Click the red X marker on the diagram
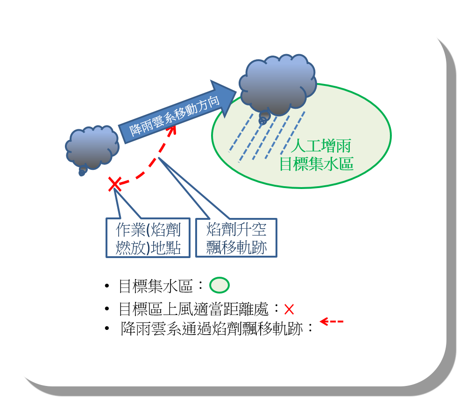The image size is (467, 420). [114, 184]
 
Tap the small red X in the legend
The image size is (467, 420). [289, 309]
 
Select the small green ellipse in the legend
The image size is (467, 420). [219, 285]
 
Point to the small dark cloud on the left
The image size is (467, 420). [92, 147]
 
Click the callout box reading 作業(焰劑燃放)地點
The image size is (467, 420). [148, 238]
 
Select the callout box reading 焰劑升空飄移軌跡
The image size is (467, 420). [236, 238]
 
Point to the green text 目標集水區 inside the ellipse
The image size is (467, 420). [316, 164]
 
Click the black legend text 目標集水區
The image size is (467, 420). [156, 286]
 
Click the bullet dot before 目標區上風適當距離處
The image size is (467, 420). [108, 309]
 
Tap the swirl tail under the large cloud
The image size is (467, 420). [263, 119]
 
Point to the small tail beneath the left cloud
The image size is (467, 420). [83, 172]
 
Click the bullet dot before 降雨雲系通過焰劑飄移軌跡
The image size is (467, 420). [108, 329]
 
